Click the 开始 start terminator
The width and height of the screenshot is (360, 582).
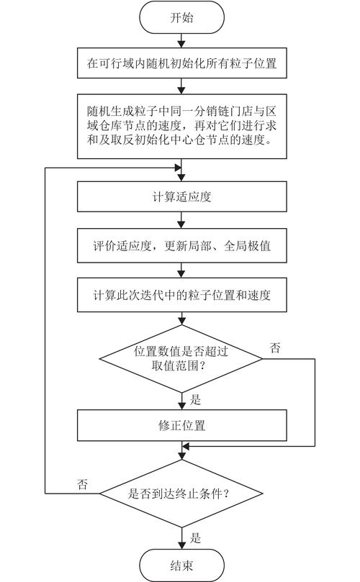pos(181,18)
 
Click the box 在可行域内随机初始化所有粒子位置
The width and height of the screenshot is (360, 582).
pos(181,64)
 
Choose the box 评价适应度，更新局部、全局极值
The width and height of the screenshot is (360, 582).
pos(181,246)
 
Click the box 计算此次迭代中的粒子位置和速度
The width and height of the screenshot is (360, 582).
pos(181,294)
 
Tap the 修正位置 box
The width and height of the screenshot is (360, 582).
pos(181,425)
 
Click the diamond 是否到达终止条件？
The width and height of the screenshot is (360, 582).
pos(181,494)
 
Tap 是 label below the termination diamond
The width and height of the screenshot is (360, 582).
pos(194,537)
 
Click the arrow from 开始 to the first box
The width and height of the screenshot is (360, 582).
pos(181,41)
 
